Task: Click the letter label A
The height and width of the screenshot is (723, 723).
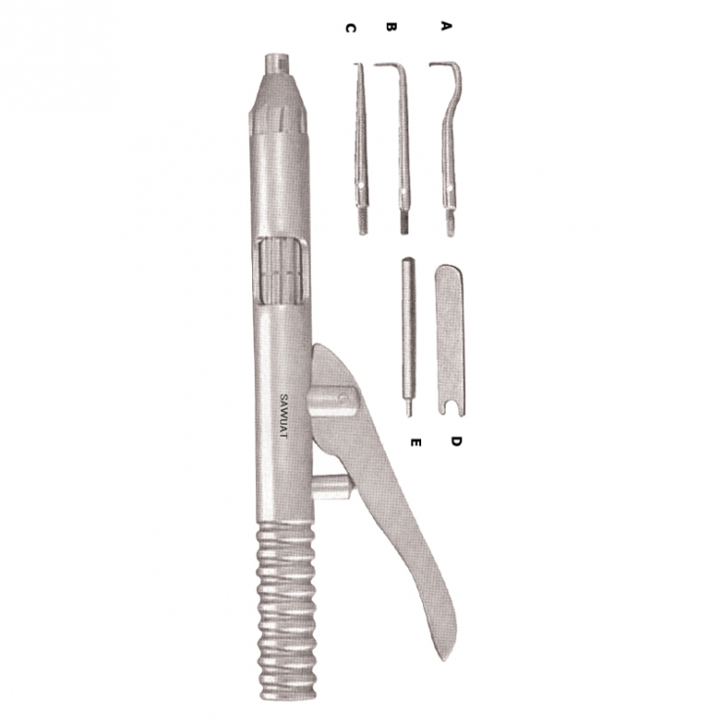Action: pos(446,26)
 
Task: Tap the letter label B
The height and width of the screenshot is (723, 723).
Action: pos(392,27)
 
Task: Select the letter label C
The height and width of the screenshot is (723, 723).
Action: pos(350,28)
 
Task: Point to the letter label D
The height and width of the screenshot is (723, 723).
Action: pos(455,441)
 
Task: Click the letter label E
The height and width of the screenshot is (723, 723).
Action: pos(415,443)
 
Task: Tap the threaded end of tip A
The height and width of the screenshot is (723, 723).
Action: pos(450,228)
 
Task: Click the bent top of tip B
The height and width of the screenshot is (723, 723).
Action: pos(391,68)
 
